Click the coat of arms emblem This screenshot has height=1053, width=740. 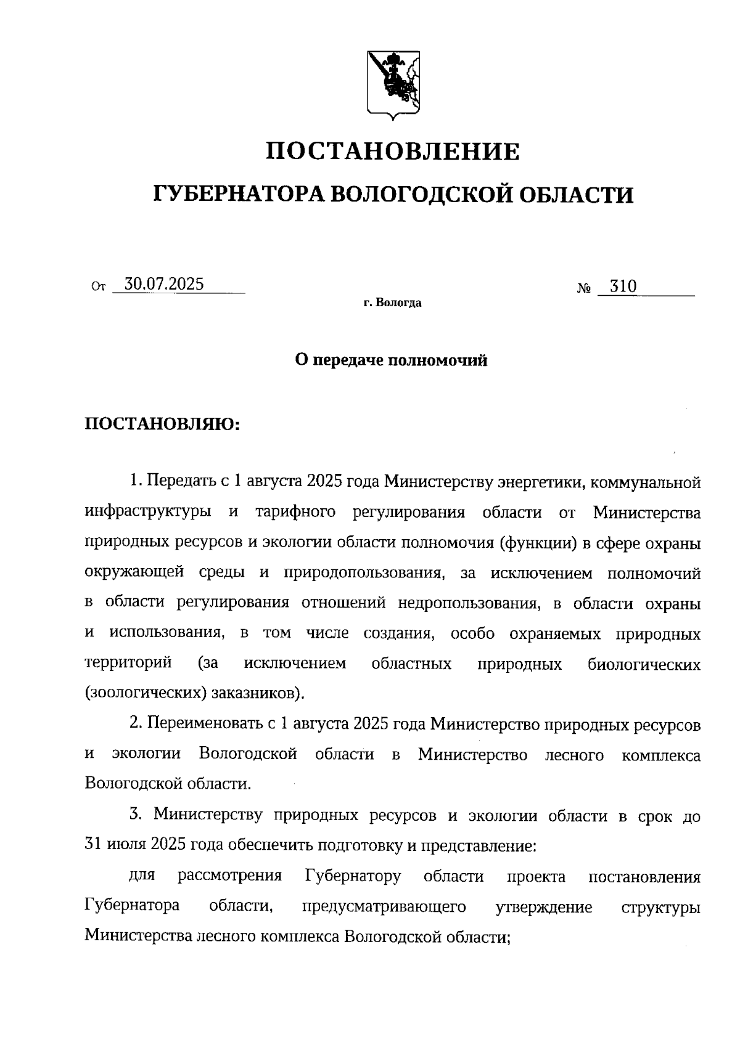click(393, 83)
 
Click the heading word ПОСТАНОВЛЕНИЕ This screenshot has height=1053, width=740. click(393, 152)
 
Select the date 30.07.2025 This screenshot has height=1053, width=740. click(164, 285)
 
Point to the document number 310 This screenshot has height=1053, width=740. click(623, 287)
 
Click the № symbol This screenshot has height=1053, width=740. click(585, 288)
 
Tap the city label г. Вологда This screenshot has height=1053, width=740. click(392, 303)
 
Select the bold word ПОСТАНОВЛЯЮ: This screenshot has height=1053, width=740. click(162, 424)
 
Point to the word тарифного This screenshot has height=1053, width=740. click(295, 512)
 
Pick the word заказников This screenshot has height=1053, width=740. click(256, 693)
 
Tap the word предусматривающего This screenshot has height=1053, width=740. click(384, 907)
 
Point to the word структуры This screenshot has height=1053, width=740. click(661, 907)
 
